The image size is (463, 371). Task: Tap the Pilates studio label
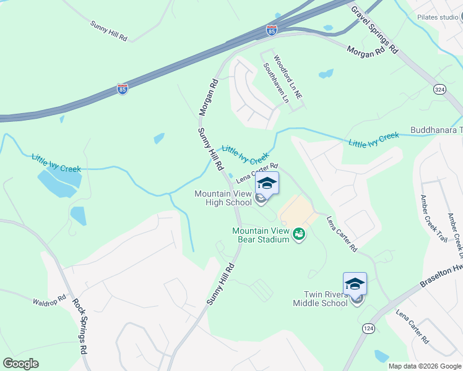click(x=437, y=17)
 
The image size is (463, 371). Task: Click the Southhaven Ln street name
click(x=276, y=83)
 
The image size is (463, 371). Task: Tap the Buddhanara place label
click(x=436, y=130)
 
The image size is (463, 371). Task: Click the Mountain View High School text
click(x=223, y=198)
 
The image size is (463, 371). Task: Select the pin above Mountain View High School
click(x=267, y=183)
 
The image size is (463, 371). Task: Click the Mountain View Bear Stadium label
click(x=261, y=235)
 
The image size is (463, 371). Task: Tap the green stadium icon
click(x=299, y=234)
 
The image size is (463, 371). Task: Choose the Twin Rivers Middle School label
click(x=326, y=299)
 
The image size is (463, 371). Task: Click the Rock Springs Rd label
click(x=80, y=326)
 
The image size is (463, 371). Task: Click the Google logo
click(x=20, y=364)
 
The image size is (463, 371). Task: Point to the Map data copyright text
click(x=424, y=366)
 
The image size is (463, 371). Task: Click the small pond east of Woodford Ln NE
click(x=326, y=74)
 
